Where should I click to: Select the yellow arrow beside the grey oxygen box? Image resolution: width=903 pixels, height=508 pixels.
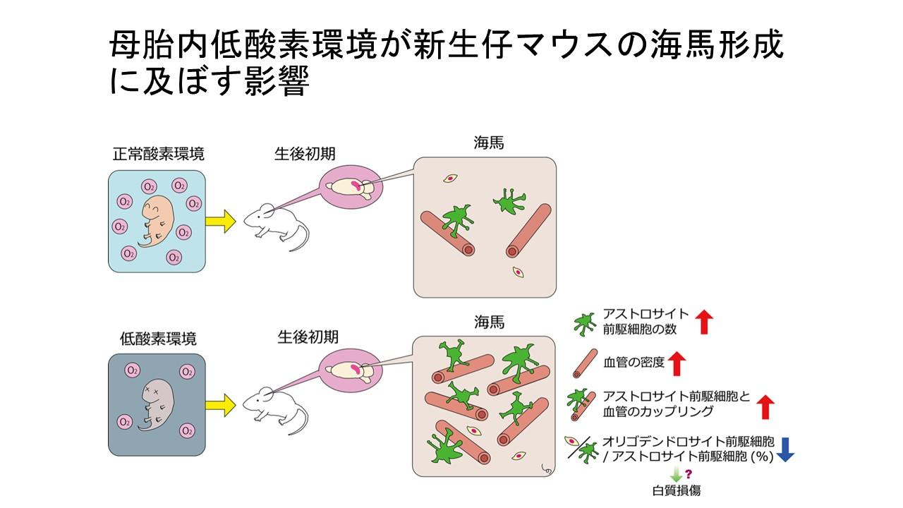[220, 404]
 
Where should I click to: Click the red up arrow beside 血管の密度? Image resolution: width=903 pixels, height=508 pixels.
[677, 363]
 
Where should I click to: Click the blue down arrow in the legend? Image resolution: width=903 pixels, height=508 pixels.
[785, 449]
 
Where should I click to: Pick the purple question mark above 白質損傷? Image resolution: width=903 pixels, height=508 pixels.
[686, 471]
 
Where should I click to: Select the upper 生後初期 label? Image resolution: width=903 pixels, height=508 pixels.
[305, 154]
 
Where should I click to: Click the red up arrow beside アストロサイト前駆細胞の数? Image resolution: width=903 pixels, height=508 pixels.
[704, 322]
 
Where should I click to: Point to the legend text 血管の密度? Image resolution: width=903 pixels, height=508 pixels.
[634, 363]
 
